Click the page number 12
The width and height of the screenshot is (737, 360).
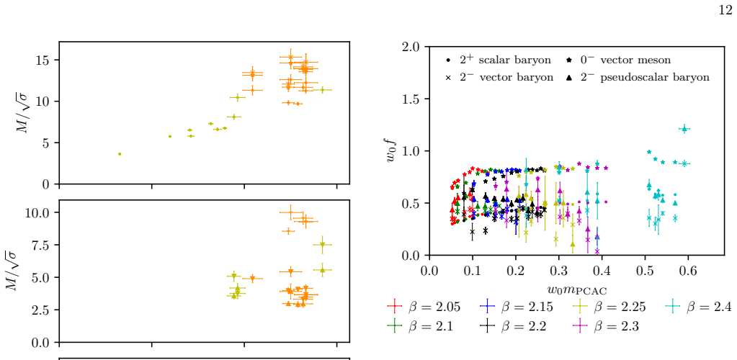click(725, 11)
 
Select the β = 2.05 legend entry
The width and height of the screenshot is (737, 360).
click(423, 307)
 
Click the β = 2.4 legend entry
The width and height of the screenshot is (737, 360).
click(699, 307)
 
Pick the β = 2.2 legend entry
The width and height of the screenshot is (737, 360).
click(514, 325)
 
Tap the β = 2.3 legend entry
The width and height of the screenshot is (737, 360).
click(607, 325)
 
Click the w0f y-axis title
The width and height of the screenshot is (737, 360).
click(392, 151)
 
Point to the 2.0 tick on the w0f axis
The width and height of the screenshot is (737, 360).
click(412, 47)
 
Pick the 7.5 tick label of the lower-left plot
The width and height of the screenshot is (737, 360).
click(41, 245)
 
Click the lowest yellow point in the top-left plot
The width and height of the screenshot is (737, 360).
click(120, 154)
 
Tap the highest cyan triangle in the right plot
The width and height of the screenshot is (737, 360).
click(685, 128)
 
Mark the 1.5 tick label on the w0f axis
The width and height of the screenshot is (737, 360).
click(412, 99)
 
